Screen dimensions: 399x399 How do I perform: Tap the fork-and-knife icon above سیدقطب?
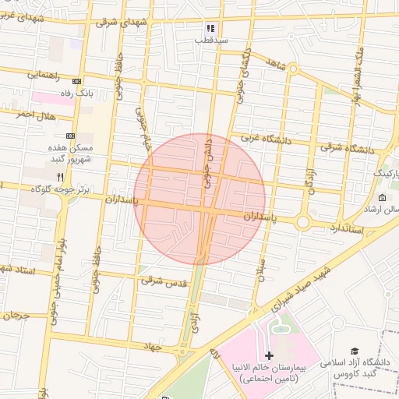tap(210, 27)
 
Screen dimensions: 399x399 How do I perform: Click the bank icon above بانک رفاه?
tap(76, 82)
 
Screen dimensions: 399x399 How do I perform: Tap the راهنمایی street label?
tap(45, 75)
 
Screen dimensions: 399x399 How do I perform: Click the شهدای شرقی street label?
tap(122, 23)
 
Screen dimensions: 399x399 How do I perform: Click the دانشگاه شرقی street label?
tap(345, 148)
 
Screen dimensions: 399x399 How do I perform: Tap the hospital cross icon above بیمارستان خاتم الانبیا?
tap(269, 355)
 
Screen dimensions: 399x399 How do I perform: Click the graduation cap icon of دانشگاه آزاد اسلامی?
tap(355, 351)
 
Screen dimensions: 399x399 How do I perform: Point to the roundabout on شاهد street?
tap(293, 69)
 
